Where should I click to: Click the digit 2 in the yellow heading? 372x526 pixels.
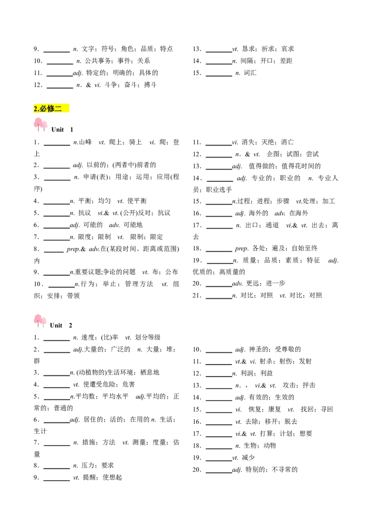point(35,109)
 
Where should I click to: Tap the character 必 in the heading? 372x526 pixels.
point(43,109)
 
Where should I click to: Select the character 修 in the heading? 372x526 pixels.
point(51,109)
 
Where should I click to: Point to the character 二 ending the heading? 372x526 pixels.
point(58,109)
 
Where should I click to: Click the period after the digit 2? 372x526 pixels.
point(38,111)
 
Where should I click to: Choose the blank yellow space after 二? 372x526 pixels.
point(66,109)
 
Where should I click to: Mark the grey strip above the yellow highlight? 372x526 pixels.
point(52,101)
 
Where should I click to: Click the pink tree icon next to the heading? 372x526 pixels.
point(40,125)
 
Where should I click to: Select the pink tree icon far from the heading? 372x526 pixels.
point(40,321)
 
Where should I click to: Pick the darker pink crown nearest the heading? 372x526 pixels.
point(38,122)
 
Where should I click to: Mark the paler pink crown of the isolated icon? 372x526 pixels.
point(45,321)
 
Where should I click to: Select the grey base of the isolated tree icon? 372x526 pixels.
point(41,329)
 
